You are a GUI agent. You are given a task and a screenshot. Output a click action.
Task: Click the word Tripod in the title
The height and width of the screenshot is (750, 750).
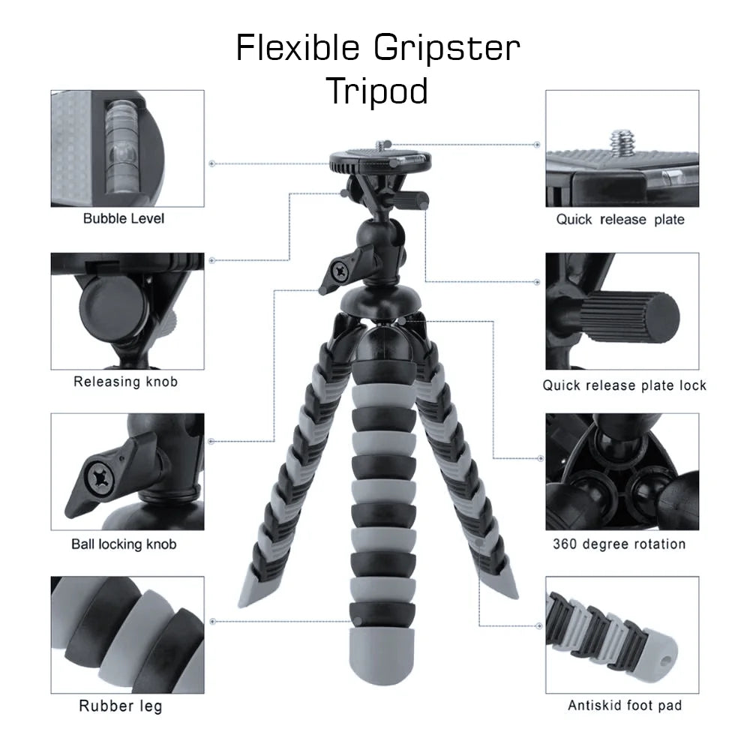[x=377, y=91]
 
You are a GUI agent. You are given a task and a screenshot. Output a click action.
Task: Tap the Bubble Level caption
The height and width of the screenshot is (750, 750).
[x=124, y=218]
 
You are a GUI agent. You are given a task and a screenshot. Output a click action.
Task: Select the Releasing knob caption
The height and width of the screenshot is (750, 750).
[x=125, y=382]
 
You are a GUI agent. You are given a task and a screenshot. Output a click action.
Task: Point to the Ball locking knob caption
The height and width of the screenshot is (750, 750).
[x=124, y=544]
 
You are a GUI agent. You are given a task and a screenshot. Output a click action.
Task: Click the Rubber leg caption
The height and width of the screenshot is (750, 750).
[x=121, y=706]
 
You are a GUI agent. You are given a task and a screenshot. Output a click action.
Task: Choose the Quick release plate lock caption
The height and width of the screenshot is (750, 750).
[x=624, y=385]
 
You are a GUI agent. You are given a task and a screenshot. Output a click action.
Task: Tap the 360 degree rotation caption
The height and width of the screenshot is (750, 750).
[x=619, y=544]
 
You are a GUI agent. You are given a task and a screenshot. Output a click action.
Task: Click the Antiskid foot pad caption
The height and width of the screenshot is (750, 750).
[x=625, y=706]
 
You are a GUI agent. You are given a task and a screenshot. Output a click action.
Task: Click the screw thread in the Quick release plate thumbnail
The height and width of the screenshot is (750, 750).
[x=622, y=142]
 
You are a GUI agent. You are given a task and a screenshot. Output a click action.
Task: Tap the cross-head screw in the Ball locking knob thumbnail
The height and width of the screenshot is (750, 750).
[x=100, y=478]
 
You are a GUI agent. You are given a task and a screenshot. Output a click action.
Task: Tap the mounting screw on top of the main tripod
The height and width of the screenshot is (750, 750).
[x=381, y=145]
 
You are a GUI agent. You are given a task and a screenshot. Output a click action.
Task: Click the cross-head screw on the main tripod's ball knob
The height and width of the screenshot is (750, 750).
[x=340, y=271]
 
